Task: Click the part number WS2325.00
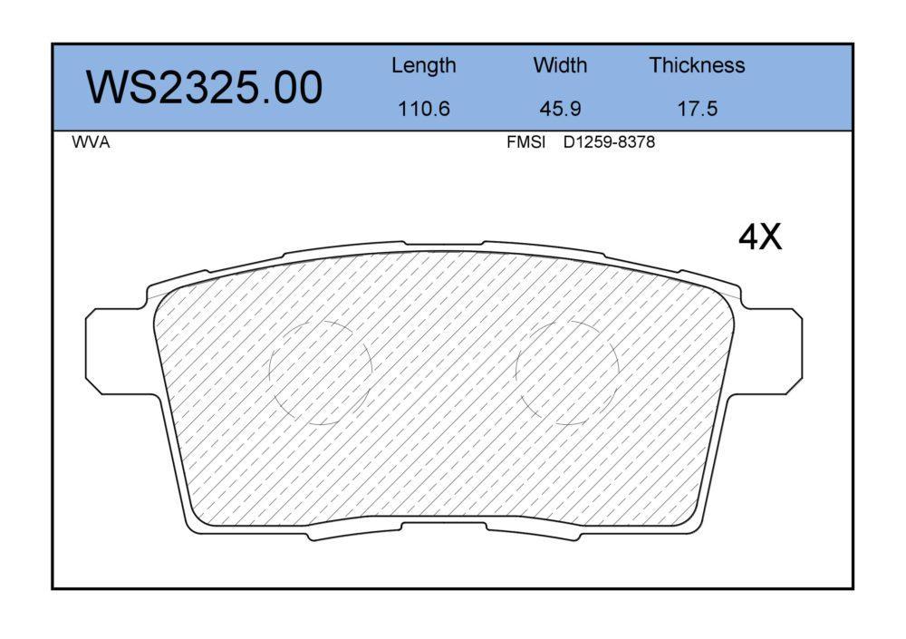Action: pos(205,87)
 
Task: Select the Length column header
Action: pos(423,66)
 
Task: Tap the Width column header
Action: pos(560,64)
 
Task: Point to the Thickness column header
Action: pos(697,64)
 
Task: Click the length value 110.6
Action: pos(423,109)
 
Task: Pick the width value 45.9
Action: pos(560,109)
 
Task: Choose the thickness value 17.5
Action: pos(697,109)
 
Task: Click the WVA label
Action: pos(91,142)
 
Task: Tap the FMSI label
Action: pos(525,142)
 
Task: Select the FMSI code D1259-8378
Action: pos(609,142)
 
